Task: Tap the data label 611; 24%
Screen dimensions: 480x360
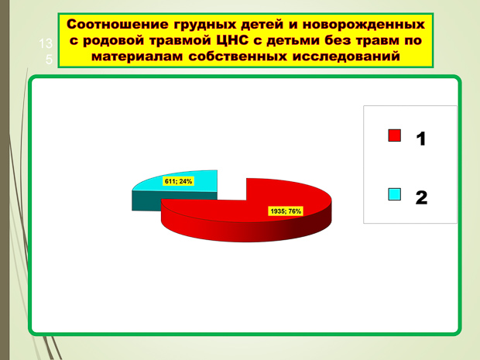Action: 178,181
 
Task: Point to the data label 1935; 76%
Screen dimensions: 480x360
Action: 286,211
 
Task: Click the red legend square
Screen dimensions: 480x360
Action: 395,135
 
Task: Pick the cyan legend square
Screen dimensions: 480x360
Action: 395,194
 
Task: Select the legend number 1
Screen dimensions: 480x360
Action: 421,139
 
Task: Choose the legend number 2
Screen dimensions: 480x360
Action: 421,197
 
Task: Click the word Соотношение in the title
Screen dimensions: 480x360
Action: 118,24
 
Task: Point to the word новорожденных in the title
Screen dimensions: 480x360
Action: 364,25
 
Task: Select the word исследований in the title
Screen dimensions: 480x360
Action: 346,57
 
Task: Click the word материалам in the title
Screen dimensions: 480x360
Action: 138,57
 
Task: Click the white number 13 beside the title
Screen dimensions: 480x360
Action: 46,44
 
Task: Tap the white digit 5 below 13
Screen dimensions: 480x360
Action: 49,60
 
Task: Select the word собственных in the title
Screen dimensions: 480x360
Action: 238,57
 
